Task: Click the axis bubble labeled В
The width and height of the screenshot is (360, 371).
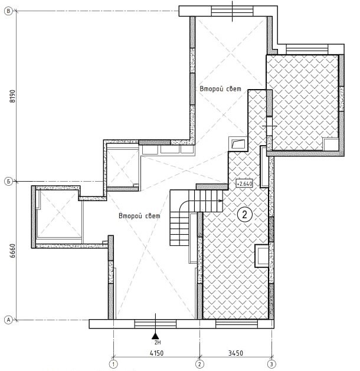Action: click(x=9, y=11)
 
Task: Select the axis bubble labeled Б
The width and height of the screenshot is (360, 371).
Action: click(x=9, y=182)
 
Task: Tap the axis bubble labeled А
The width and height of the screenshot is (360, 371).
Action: click(x=9, y=320)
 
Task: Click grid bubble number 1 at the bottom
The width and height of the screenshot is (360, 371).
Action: click(x=114, y=364)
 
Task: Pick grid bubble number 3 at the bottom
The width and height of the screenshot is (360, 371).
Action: click(x=271, y=364)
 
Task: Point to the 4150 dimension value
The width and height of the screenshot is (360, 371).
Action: click(x=156, y=353)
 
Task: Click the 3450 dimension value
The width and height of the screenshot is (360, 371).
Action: click(x=235, y=353)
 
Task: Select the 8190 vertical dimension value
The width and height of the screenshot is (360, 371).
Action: click(x=12, y=96)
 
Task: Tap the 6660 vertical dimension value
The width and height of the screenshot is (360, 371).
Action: click(x=12, y=251)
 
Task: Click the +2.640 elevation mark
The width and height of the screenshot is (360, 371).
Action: click(x=244, y=183)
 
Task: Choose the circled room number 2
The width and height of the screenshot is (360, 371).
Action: click(x=244, y=214)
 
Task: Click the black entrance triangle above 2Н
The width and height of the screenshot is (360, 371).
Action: click(x=155, y=336)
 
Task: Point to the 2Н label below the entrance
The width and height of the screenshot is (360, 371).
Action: click(x=158, y=342)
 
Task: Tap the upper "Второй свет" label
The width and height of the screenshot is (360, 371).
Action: click(x=220, y=88)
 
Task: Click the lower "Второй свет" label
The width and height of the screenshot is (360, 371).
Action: click(x=139, y=216)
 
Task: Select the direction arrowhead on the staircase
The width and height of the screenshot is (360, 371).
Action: click(x=221, y=201)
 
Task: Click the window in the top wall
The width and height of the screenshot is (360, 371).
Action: click(x=232, y=11)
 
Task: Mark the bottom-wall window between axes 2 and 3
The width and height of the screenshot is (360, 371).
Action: click(x=237, y=324)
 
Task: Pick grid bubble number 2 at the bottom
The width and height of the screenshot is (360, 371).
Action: click(x=199, y=364)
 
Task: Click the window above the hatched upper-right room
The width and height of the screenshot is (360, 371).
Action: click(x=307, y=49)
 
